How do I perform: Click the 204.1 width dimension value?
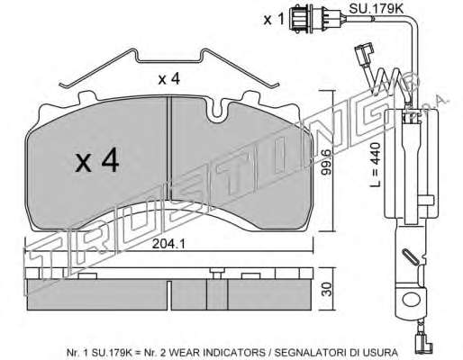168,244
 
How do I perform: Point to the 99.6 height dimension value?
325,162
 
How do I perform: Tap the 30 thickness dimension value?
327,289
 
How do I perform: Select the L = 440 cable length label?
375,165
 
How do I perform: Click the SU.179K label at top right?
376,9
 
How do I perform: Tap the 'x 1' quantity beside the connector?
274,20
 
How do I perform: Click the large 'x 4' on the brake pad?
97,162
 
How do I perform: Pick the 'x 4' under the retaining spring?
169,79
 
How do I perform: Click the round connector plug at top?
300,19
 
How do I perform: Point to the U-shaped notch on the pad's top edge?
218,112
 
